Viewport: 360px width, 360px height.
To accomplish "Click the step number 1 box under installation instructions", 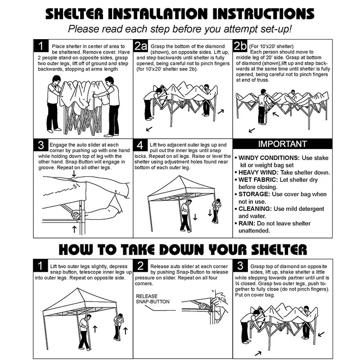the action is tap(41, 46).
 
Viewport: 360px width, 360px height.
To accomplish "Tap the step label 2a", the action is tap(140, 46).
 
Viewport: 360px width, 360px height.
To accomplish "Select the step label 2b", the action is tap(240, 46).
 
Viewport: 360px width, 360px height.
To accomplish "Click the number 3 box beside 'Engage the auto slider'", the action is tap(41, 145).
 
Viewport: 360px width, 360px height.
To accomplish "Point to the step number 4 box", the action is tap(140, 145).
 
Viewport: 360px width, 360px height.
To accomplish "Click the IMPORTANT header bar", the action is tap(283, 144).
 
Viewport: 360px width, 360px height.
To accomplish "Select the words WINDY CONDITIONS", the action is tap(269, 158).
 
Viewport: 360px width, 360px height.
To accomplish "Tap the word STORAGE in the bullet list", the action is tap(254, 194).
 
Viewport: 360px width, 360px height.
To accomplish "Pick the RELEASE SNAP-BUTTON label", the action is tap(153, 299).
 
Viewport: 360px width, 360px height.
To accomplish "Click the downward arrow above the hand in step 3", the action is tap(74, 173).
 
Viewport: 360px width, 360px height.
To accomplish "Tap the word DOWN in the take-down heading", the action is tap(181, 249).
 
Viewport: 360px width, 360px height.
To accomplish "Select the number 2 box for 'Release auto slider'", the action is tap(140, 266).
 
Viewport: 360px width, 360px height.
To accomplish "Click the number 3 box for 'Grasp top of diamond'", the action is tap(240, 265).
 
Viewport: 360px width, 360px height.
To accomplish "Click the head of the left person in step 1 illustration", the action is tap(56, 80).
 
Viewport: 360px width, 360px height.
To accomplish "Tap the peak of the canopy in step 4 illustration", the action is tap(179, 176).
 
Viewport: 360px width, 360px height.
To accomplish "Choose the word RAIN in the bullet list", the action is tap(247, 223).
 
